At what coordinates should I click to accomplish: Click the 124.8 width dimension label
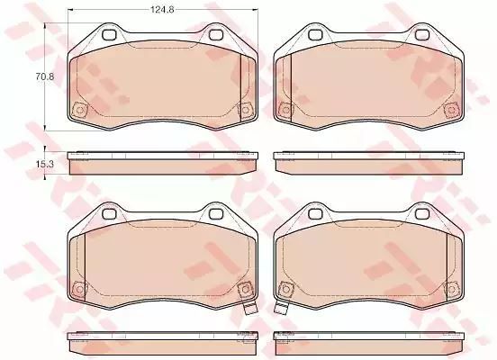(162, 10)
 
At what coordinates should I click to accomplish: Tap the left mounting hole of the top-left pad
(109, 34)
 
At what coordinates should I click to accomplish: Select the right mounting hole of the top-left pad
(215, 34)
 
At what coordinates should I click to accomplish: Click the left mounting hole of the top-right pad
(315, 34)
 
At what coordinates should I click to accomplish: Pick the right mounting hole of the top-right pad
(421, 34)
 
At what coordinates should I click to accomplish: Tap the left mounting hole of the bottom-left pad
(109, 213)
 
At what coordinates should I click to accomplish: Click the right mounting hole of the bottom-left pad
(215, 213)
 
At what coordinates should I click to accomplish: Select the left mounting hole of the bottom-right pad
(315, 213)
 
